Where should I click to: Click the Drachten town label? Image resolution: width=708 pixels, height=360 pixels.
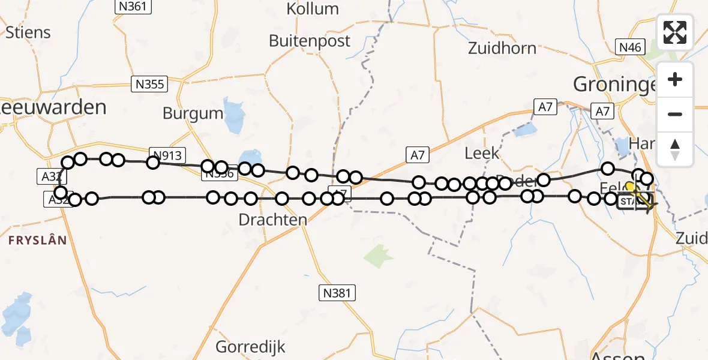click(273, 220)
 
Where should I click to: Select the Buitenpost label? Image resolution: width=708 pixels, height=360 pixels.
click(310, 41)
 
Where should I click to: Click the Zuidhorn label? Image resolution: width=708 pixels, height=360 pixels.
click(502, 48)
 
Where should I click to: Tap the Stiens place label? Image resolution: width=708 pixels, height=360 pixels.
click(28, 32)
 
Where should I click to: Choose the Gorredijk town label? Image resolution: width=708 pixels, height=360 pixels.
click(251, 347)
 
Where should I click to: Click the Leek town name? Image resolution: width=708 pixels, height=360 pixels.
click(482, 153)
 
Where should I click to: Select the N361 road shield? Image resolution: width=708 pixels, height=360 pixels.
click(133, 7)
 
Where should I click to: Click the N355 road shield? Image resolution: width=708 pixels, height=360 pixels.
click(149, 84)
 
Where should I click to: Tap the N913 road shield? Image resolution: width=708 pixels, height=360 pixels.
click(169, 155)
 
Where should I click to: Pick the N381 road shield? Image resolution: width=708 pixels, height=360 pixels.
click(337, 293)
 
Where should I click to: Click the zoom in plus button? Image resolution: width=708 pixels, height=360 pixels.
click(675, 80)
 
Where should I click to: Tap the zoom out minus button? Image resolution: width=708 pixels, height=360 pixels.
click(675, 114)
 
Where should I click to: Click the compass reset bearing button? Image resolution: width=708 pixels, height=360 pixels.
click(675, 148)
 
